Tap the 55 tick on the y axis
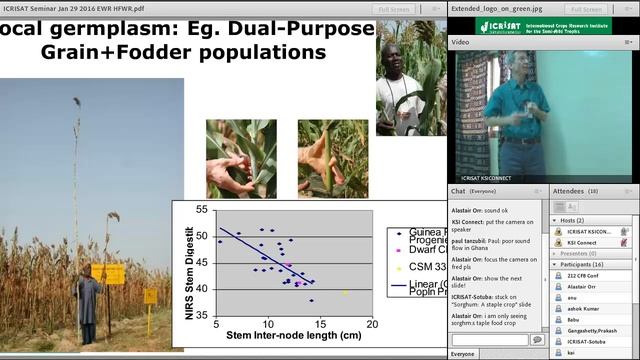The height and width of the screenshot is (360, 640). click(x=203, y=210)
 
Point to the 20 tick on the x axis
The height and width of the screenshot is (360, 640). click(x=371, y=324)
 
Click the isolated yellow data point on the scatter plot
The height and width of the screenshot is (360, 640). click(x=345, y=293)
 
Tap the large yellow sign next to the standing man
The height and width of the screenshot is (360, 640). click(x=108, y=274)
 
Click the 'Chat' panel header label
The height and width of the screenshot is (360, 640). click(x=458, y=190)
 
